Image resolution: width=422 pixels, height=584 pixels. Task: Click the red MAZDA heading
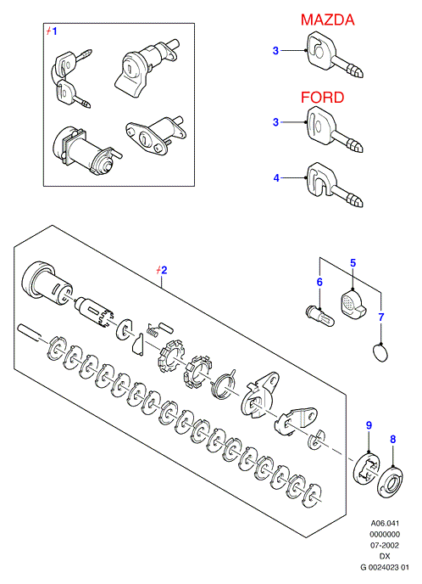pyautogui.click(x=327, y=20)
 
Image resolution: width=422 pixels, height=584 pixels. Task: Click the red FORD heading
pyautogui.click(x=322, y=98)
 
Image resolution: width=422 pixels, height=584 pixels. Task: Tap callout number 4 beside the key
pyautogui.click(x=276, y=178)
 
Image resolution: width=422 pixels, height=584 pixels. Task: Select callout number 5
pyautogui.click(x=353, y=263)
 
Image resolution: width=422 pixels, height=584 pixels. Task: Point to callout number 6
pyautogui.click(x=319, y=282)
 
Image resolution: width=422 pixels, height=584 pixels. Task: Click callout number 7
pyautogui.click(x=380, y=317)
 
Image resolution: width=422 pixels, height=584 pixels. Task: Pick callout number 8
pyautogui.click(x=393, y=439)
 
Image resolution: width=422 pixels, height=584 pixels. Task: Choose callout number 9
pyautogui.click(x=369, y=425)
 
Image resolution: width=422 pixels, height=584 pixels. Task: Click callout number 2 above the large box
pyautogui.click(x=164, y=270)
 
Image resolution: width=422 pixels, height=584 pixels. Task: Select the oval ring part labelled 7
pyautogui.click(x=380, y=352)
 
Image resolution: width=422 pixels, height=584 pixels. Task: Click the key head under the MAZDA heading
pyautogui.click(x=320, y=50)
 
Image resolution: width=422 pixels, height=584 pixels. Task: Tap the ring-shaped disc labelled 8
pyautogui.click(x=391, y=481)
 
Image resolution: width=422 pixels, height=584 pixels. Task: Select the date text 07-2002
pyautogui.click(x=385, y=545)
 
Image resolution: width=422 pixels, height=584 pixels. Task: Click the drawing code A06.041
pyautogui.click(x=385, y=523)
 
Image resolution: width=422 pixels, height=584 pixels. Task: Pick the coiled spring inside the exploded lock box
pyautogui.click(x=153, y=328)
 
